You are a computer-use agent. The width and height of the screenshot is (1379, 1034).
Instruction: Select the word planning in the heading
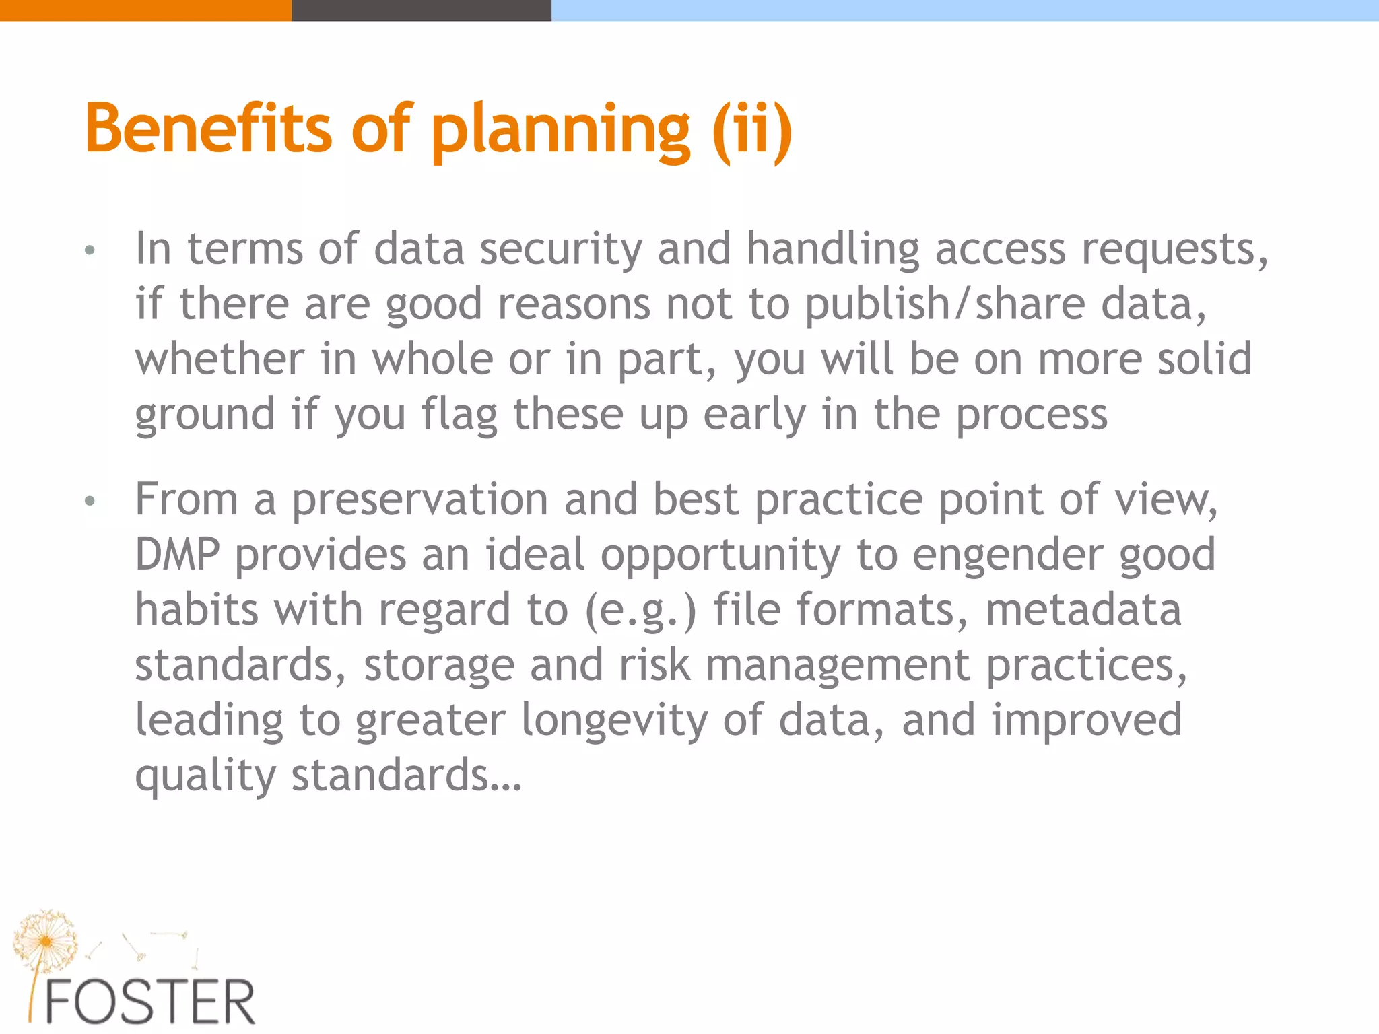point(560,132)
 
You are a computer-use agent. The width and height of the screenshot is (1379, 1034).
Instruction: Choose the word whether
point(220,359)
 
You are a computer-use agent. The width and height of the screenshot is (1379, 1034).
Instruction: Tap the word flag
point(459,415)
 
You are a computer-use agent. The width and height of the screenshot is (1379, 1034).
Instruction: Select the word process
point(1032,415)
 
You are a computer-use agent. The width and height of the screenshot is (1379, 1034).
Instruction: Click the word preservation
point(419,501)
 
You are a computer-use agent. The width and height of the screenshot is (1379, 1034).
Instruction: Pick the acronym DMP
point(177,555)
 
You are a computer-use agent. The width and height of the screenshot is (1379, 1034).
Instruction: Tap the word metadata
point(1083,611)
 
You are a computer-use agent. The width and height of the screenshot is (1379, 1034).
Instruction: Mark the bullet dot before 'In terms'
point(90,252)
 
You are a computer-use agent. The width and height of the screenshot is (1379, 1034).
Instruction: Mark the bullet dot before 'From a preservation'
point(90,502)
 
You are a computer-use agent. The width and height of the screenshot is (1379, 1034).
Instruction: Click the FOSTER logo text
point(149,1002)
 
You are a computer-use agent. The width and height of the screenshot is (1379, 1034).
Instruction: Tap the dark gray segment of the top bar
point(421,10)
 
